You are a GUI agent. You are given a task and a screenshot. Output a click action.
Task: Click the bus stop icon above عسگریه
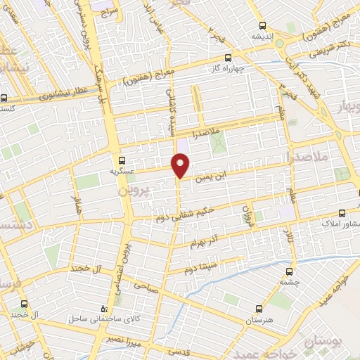123,160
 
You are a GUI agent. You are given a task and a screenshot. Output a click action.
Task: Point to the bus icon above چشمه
289,270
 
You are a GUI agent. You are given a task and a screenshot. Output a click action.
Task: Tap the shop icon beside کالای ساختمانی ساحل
105,308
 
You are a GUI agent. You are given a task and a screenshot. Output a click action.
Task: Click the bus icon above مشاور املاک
342,212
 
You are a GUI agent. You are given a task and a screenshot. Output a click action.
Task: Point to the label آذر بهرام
205,243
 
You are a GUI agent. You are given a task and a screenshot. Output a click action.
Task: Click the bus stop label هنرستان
259,321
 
